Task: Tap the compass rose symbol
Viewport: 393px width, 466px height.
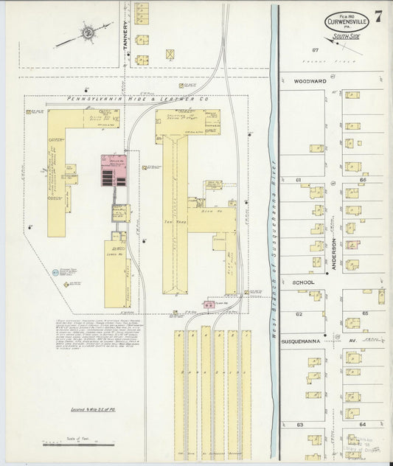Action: [87, 32]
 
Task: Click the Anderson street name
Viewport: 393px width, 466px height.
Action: [333, 251]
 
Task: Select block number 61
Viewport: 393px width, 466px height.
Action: [299, 180]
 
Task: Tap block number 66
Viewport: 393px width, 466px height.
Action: [363, 180]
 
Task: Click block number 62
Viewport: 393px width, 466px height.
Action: [299, 313]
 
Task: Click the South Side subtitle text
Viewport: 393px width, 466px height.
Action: [345, 34]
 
